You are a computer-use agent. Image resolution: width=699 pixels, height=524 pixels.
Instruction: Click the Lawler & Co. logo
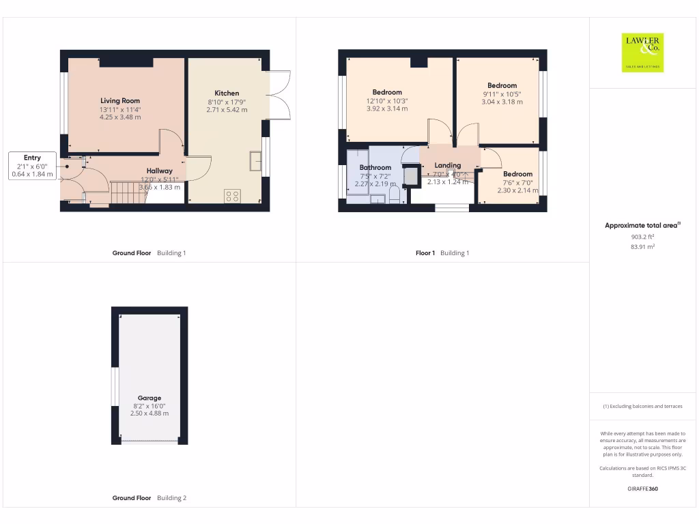tap(642, 53)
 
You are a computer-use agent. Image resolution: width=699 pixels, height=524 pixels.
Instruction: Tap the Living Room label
tap(120, 101)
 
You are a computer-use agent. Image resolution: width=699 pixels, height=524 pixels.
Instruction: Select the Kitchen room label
tap(227, 93)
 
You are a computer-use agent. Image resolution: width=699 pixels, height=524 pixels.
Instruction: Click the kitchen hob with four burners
tap(232, 196)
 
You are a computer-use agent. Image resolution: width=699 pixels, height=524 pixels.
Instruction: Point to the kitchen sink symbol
tap(256, 160)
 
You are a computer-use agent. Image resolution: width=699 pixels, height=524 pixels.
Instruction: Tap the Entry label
tap(32, 158)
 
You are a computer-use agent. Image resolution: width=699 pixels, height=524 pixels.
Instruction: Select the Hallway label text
tap(159, 171)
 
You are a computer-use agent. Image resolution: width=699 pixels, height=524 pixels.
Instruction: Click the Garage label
tap(149, 398)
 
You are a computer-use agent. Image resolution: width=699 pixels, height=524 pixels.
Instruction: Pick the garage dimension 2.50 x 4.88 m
tap(149, 413)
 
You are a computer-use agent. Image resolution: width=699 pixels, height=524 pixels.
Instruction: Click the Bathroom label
tap(375, 167)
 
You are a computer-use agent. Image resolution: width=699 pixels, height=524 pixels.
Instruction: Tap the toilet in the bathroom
tap(394, 196)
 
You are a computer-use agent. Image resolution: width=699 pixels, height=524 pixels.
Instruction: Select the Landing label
tap(448, 165)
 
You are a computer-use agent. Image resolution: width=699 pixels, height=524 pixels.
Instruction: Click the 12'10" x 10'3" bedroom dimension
tap(387, 101)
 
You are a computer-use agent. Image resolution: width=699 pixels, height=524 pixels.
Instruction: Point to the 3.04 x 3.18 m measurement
tap(502, 102)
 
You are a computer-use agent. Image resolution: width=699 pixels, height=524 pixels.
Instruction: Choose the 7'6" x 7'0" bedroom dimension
tap(517, 183)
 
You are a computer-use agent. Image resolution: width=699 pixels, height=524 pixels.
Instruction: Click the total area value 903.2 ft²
tap(642, 237)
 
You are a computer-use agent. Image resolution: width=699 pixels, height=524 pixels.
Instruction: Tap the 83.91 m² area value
tap(642, 247)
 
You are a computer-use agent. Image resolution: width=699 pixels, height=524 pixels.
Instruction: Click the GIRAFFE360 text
tap(642, 489)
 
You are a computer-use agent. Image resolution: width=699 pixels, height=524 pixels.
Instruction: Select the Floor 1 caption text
tap(425, 253)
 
